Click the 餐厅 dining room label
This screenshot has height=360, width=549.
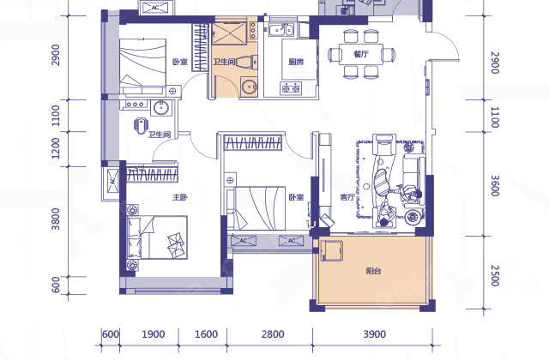[x=360, y=54]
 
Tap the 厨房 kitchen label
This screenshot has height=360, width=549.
[x=296, y=62]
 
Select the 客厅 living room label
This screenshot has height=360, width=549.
[x=347, y=197]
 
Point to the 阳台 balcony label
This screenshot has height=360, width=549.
[x=374, y=271]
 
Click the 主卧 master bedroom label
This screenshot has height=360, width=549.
[x=180, y=197]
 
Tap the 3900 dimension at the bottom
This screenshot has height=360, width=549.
[x=374, y=334]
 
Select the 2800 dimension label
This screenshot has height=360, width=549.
[x=273, y=334]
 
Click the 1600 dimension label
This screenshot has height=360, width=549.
[x=206, y=334]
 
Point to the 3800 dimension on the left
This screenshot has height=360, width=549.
[x=56, y=219]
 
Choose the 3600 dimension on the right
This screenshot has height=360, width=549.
[x=494, y=185]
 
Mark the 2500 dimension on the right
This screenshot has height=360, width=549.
[x=494, y=276]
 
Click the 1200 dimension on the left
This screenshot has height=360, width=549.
[x=56, y=148]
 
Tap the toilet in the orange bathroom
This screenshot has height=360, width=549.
[x=247, y=63]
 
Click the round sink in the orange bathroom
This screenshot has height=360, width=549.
[x=249, y=86]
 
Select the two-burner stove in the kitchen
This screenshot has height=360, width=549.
[x=291, y=88]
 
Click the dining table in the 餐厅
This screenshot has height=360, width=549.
[x=360, y=54]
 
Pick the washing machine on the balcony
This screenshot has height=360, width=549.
[x=331, y=250]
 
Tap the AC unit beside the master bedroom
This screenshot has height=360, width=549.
[x=112, y=181]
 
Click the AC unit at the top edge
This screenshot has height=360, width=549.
[x=156, y=8]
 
